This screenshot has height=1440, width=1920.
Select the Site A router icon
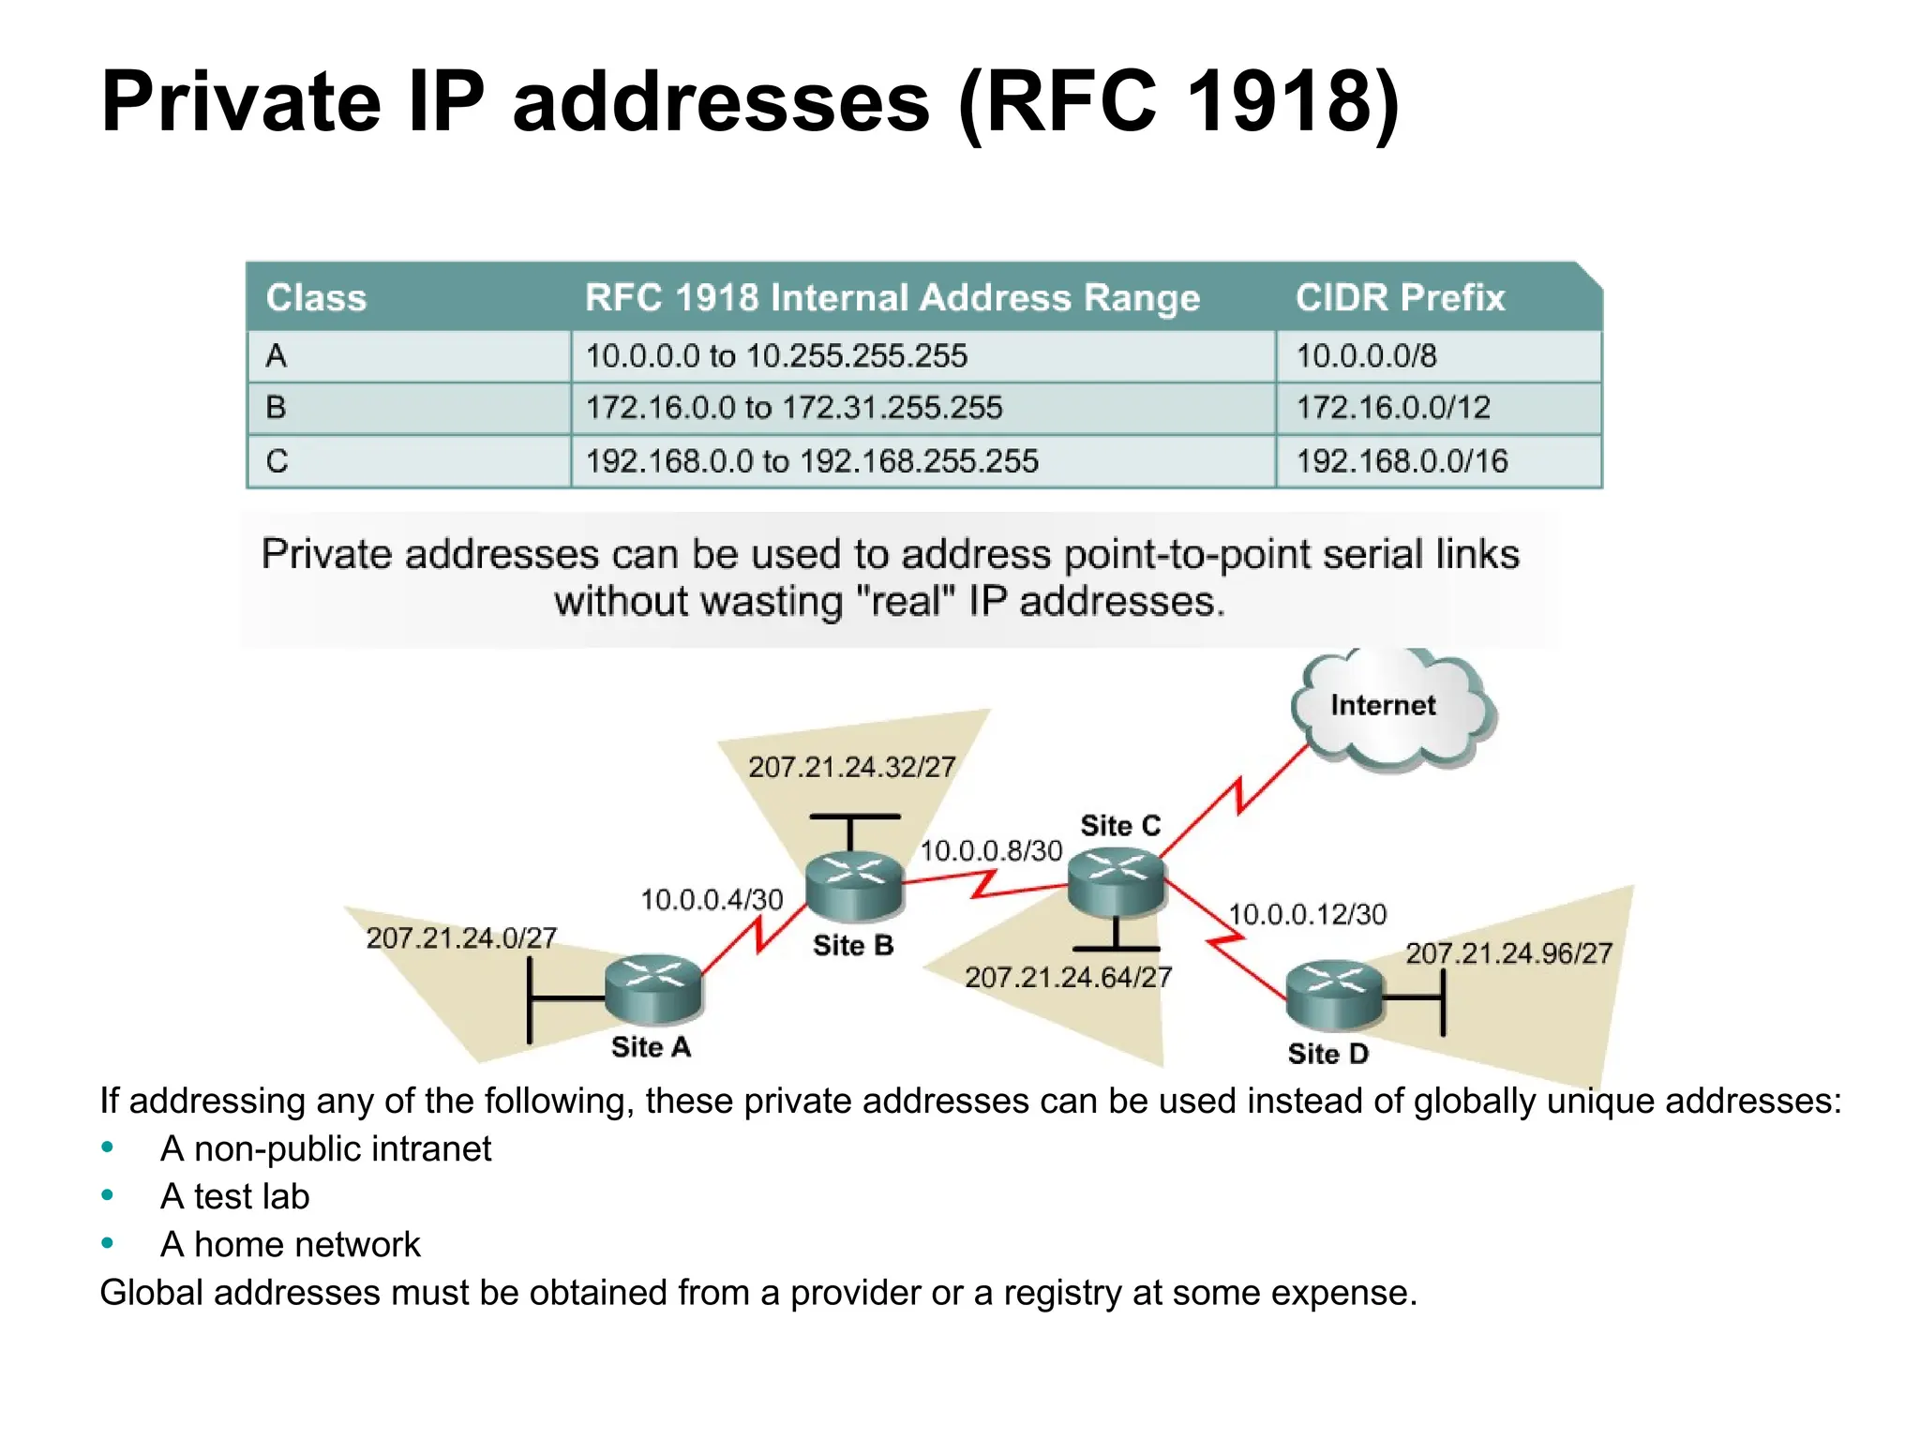click(653, 989)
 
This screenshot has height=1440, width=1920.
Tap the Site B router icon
click(854, 884)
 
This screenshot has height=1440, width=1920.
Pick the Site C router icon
click(1117, 881)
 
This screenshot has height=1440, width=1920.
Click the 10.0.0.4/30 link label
click(712, 900)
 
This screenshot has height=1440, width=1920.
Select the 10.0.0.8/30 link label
click(991, 850)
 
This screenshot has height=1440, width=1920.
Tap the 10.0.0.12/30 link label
click(1307, 914)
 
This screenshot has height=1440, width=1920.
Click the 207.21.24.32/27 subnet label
click(851, 767)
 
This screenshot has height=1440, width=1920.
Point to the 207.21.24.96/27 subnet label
click(1508, 953)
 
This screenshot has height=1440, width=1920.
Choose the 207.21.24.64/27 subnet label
click(1068, 978)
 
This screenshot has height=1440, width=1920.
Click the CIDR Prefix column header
click(1400, 297)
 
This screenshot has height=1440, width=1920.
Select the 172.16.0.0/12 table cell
click(1393, 408)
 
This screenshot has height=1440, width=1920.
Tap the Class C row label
click(277, 461)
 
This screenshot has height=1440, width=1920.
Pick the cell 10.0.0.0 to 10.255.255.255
click(776, 356)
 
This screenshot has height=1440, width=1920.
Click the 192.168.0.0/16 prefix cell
click(1402, 461)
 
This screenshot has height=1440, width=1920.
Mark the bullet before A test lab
click(108, 1195)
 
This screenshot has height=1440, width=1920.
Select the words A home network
click(291, 1244)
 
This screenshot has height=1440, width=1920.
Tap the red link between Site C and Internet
click(1237, 797)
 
